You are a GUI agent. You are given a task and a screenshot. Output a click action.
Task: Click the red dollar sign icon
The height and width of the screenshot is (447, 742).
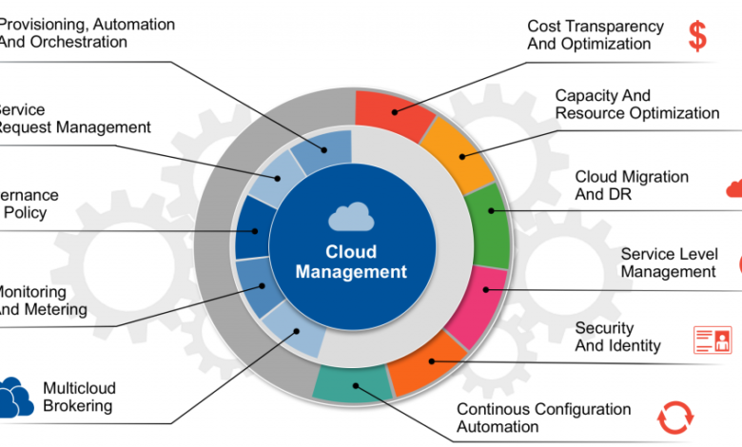[698, 35]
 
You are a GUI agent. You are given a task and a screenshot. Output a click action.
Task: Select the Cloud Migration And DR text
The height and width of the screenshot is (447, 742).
[632, 185]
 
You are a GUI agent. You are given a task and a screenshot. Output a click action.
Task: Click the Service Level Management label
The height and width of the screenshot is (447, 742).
[669, 262]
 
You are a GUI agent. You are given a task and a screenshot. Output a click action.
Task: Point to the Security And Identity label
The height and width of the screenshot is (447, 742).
[617, 337]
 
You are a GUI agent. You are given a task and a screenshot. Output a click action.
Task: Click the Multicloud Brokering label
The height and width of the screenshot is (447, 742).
[77, 397]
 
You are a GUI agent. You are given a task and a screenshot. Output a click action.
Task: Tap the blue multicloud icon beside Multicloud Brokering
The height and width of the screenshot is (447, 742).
[15, 397]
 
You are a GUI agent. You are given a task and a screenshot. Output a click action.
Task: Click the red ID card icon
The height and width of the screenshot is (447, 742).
[713, 340]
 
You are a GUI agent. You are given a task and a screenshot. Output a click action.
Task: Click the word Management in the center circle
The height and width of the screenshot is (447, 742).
[351, 272]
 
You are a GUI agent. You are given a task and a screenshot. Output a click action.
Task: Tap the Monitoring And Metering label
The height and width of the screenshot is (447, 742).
[42, 301]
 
